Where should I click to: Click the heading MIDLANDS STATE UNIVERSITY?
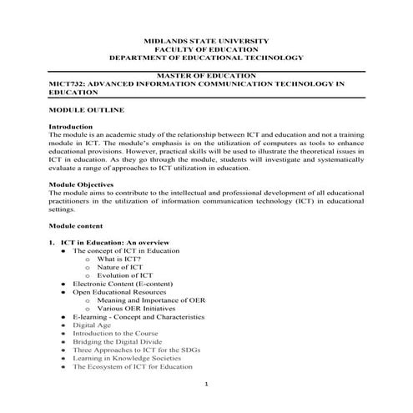click(x=206, y=40)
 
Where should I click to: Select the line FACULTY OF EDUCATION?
click(x=206, y=49)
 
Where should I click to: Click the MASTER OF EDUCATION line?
click(x=206, y=75)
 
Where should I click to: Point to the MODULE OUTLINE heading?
click(x=88, y=110)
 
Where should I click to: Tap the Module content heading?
click(x=76, y=225)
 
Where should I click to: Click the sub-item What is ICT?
click(x=114, y=259)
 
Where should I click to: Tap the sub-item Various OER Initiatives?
click(x=136, y=309)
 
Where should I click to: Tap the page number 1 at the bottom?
click(x=206, y=385)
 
